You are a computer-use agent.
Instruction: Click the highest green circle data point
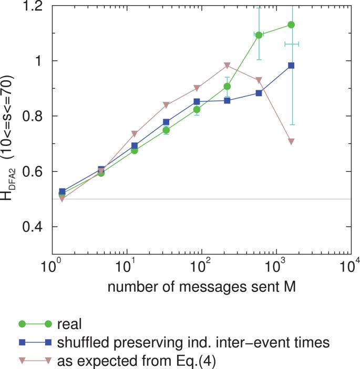point(291,25)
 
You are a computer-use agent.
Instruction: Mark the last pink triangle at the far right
point(291,142)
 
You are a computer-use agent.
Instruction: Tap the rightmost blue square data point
point(291,66)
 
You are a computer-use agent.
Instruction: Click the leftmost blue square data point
point(62,192)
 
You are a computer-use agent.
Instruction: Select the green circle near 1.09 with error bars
point(259,35)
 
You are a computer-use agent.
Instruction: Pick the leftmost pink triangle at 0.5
point(62,199)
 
